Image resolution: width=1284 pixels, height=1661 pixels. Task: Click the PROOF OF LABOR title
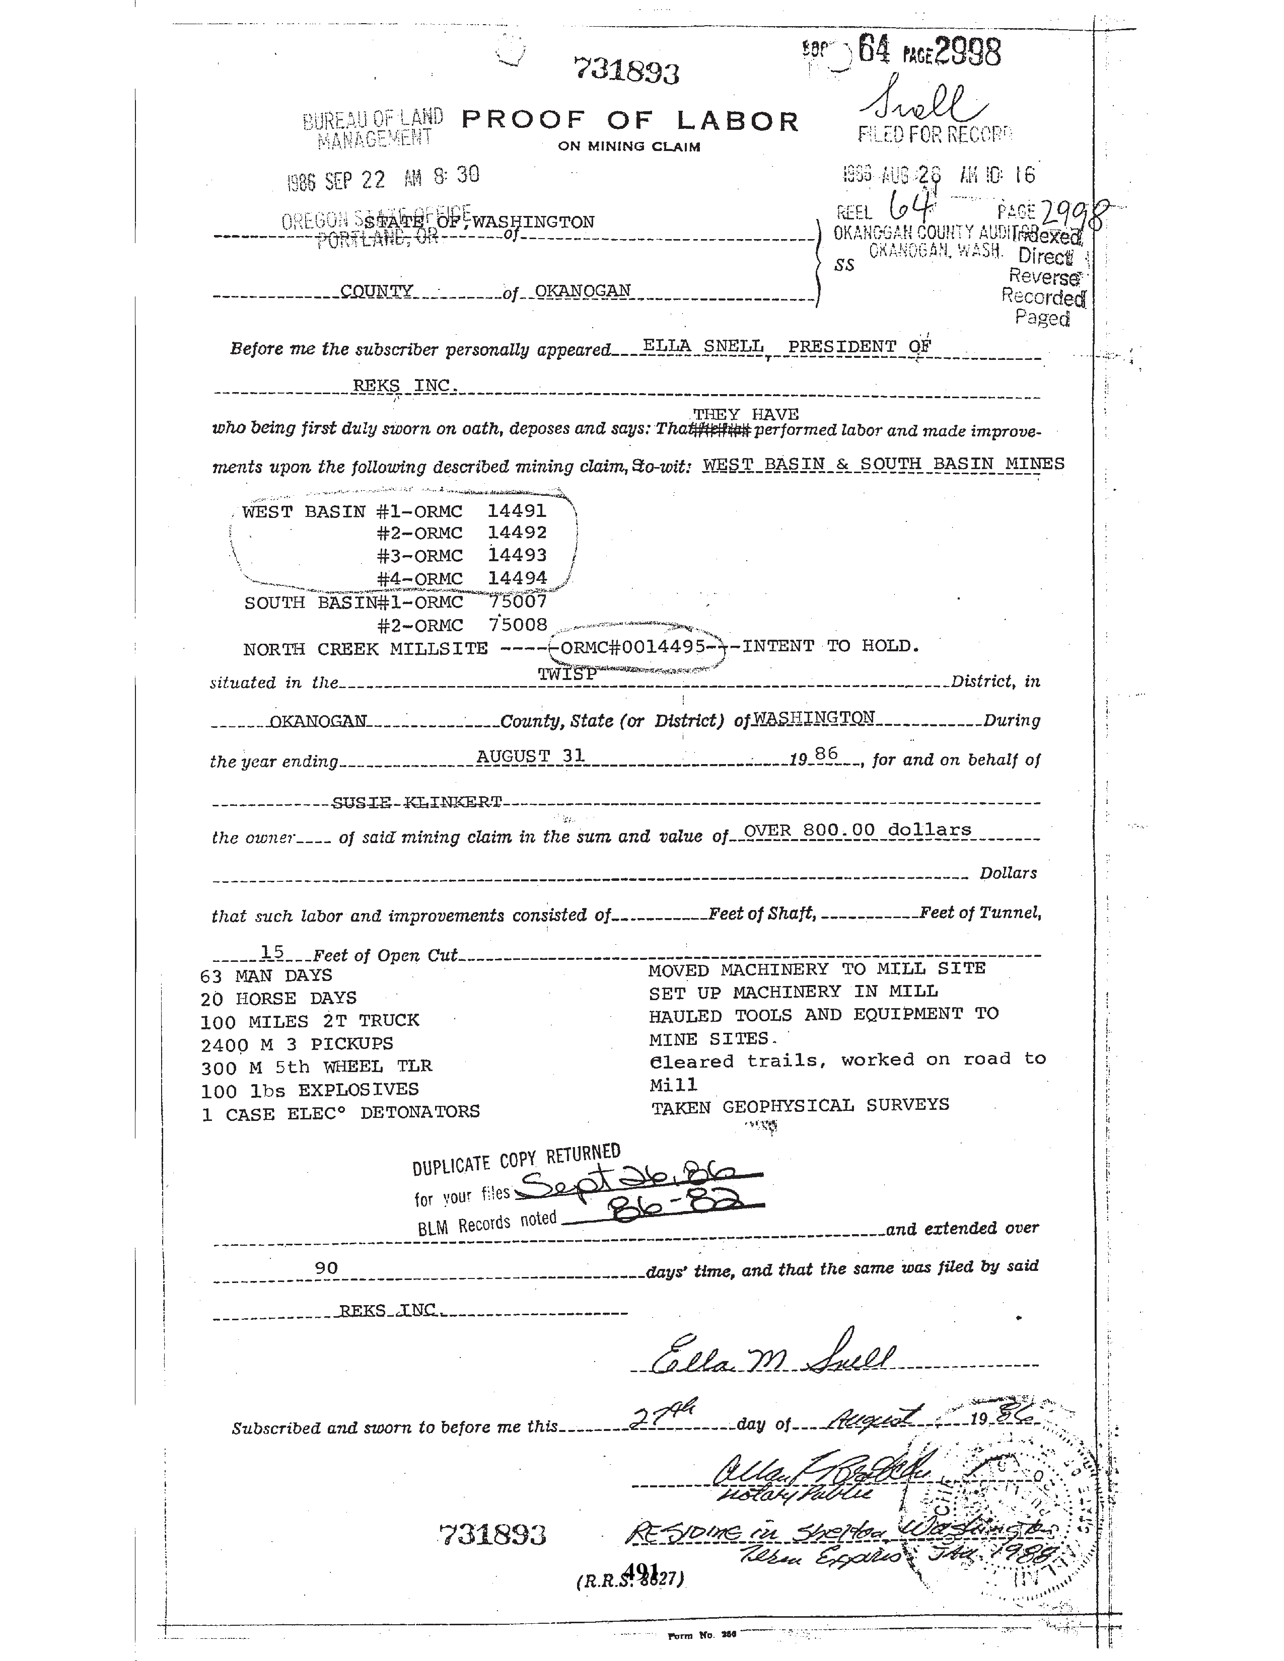click(630, 121)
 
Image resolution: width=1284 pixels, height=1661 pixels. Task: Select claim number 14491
click(517, 510)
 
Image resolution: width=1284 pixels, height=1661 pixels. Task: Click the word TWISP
click(566, 674)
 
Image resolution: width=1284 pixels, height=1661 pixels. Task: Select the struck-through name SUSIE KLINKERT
click(417, 802)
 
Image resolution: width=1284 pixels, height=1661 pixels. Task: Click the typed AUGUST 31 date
click(530, 756)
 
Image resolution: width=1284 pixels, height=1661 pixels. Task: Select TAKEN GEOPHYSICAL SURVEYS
click(800, 1106)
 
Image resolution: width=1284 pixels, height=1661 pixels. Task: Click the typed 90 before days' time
click(326, 1268)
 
